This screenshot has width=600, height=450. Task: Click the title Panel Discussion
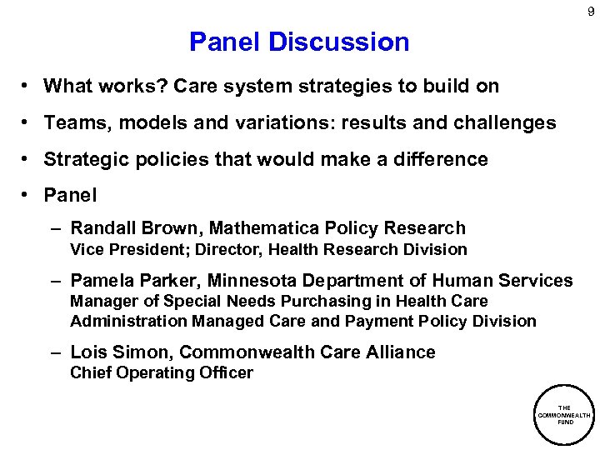299,42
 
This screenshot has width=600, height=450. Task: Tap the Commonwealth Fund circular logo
563,415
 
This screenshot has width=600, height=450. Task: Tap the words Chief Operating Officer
161,373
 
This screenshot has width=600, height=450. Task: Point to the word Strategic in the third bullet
85,159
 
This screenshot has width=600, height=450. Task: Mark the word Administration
128,321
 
